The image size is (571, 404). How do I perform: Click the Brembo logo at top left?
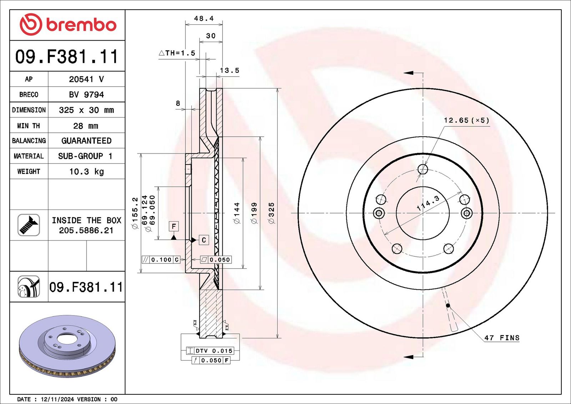(x=68, y=25)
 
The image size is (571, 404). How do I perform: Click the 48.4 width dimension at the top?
(x=204, y=19)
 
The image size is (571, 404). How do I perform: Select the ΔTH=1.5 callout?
(x=177, y=53)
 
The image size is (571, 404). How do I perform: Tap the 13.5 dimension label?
(x=229, y=70)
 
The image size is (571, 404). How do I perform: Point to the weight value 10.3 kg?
(x=86, y=172)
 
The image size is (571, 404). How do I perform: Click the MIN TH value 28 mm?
(x=86, y=126)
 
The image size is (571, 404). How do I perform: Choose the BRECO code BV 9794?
(x=86, y=95)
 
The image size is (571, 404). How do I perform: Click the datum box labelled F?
(x=173, y=226)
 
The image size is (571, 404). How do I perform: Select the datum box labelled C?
(x=204, y=240)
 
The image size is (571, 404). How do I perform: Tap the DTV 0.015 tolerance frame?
(x=210, y=351)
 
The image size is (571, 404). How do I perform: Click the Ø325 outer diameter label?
(x=272, y=213)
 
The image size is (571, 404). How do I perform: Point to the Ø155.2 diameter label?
(x=135, y=213)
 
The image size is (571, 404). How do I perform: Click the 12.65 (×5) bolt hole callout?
(x=466, y=120)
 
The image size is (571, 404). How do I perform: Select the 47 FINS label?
(x=502, y=338)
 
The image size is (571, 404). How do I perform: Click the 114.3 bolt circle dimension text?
(x=428, y=203)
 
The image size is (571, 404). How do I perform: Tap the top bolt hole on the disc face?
(x=423, y=169)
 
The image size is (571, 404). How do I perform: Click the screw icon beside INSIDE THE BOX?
(x=29, y=225)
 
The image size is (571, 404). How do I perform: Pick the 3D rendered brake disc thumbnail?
(x=67, y=346)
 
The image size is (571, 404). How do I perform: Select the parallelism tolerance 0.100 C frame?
(x=161, y=260)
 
